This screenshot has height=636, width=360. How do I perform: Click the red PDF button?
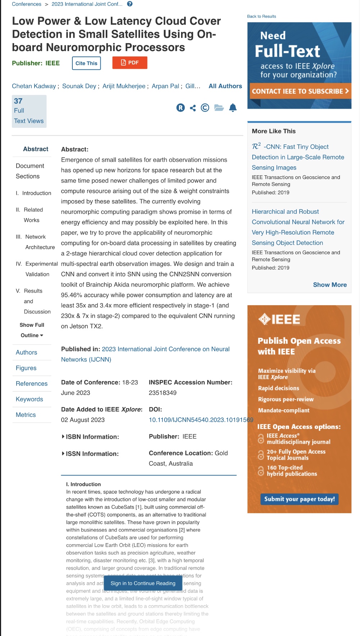coord(130,63)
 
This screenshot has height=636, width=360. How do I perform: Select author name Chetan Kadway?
coord(34,86)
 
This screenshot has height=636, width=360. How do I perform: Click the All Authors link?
coord(225,86)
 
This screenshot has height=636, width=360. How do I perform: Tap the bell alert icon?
coord(233,108)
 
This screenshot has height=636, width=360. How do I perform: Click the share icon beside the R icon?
coord(193,108)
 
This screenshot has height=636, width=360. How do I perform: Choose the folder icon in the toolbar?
coord(219,108)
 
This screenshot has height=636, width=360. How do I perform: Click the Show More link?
coord(329,285)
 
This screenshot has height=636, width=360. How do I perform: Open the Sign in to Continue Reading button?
coord(143,583)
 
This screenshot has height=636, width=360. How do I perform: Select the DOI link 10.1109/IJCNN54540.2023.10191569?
coord(201,420)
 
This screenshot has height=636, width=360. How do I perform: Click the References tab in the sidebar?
coord(32,384)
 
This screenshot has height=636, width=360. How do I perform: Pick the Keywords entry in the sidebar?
coord(30,399)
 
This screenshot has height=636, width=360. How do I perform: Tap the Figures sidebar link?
coord(26,368)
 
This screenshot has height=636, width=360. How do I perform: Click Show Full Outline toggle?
coord(32,330)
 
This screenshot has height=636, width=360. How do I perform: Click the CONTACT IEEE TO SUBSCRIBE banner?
coord(300,91)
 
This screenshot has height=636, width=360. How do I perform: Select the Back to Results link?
coord(261,17)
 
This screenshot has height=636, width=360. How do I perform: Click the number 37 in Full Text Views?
coord(18,101)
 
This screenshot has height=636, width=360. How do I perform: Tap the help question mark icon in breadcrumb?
coord(130,4)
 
